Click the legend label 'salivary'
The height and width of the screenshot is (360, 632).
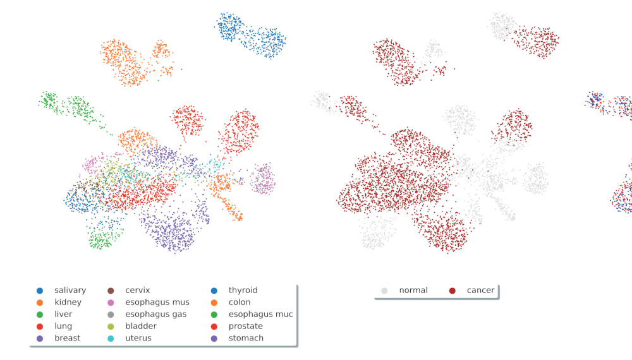pos(70,291)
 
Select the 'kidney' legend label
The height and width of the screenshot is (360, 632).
pos(67,303)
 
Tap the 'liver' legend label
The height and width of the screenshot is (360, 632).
pos(63,315)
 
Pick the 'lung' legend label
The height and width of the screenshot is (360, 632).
pos(63,327)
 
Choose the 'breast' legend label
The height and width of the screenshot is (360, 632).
pos(67,339)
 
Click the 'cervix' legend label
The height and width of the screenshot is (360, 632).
pos(137,291)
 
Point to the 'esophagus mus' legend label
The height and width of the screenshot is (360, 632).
pos(157,303)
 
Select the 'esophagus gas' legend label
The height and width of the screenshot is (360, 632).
pos(155,315)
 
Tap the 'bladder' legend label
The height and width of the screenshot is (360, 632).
pos(141,327)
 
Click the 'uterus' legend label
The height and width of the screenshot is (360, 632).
pos(138,339)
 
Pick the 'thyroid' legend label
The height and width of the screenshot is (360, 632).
pos(243,291)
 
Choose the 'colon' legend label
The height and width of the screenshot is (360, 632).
pos(239,303)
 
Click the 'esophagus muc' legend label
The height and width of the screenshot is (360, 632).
pos(260,315)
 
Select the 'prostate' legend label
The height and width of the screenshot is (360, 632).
pos(245,327)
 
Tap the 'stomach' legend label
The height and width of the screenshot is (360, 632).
pos(246,339)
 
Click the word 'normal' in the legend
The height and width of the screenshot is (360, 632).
pos(413,291)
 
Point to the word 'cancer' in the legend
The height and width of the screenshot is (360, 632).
pos(480,291)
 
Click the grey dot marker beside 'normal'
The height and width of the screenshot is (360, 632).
pos(384,291)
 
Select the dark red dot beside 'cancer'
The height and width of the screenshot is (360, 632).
pos(453,291)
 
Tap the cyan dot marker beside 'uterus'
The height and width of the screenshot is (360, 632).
pos(111,339)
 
